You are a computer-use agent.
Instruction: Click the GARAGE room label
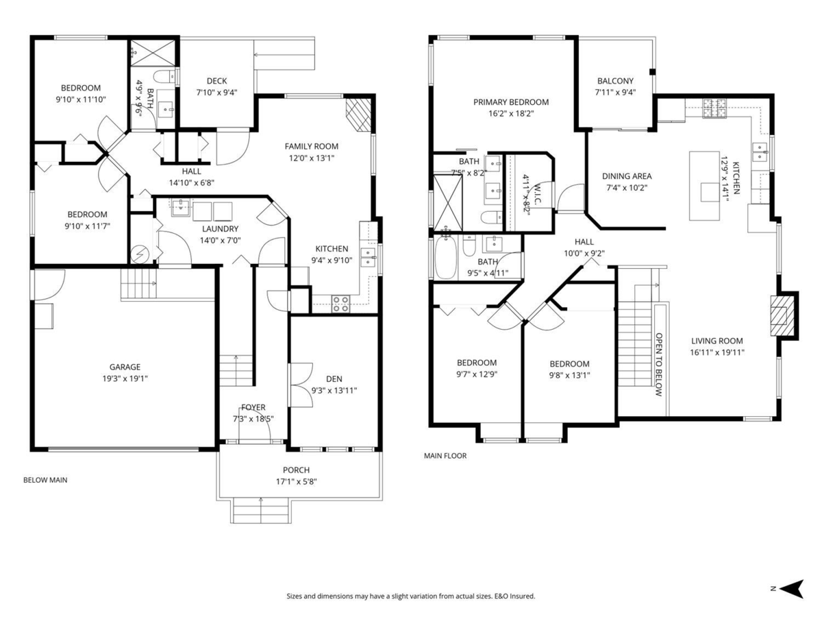125,367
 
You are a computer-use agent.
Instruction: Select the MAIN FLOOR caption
445,455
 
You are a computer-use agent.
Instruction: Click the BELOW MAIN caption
45,480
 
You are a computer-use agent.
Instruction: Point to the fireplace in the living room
783,315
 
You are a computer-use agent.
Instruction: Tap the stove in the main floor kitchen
715,106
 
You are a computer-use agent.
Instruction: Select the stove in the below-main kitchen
340,303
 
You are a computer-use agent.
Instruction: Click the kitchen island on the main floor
705,185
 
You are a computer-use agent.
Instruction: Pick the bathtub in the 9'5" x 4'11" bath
445,258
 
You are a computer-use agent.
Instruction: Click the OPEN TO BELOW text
659,365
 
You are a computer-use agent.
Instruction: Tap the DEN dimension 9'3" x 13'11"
334,390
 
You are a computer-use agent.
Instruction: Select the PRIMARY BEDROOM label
511,102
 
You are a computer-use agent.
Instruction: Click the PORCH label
296,470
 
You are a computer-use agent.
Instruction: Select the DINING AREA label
627,176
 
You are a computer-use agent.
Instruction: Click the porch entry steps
260,510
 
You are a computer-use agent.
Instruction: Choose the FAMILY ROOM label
312,146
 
